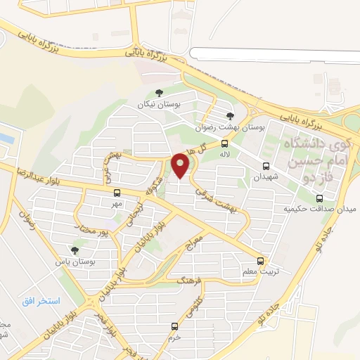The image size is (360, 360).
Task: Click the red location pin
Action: tap(181, 165)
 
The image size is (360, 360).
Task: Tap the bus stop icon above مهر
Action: tap(117, 193)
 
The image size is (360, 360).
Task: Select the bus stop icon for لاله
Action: tap(224, 143)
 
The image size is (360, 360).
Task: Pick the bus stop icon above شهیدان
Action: tap(266, 166)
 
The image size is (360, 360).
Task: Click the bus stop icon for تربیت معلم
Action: tap(261, 261)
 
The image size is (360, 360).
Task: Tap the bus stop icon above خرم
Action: tap(174, 326)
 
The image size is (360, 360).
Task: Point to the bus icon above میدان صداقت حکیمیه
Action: tap(319, 198)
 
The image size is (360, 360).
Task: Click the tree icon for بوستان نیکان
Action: tap(160, 93)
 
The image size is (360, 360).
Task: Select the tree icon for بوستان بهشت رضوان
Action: tap(230, 116)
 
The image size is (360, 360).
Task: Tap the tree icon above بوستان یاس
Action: tap(75, 250)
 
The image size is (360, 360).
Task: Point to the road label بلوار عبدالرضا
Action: tap(28, 174)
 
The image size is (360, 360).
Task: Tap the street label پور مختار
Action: tap(94, 229)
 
